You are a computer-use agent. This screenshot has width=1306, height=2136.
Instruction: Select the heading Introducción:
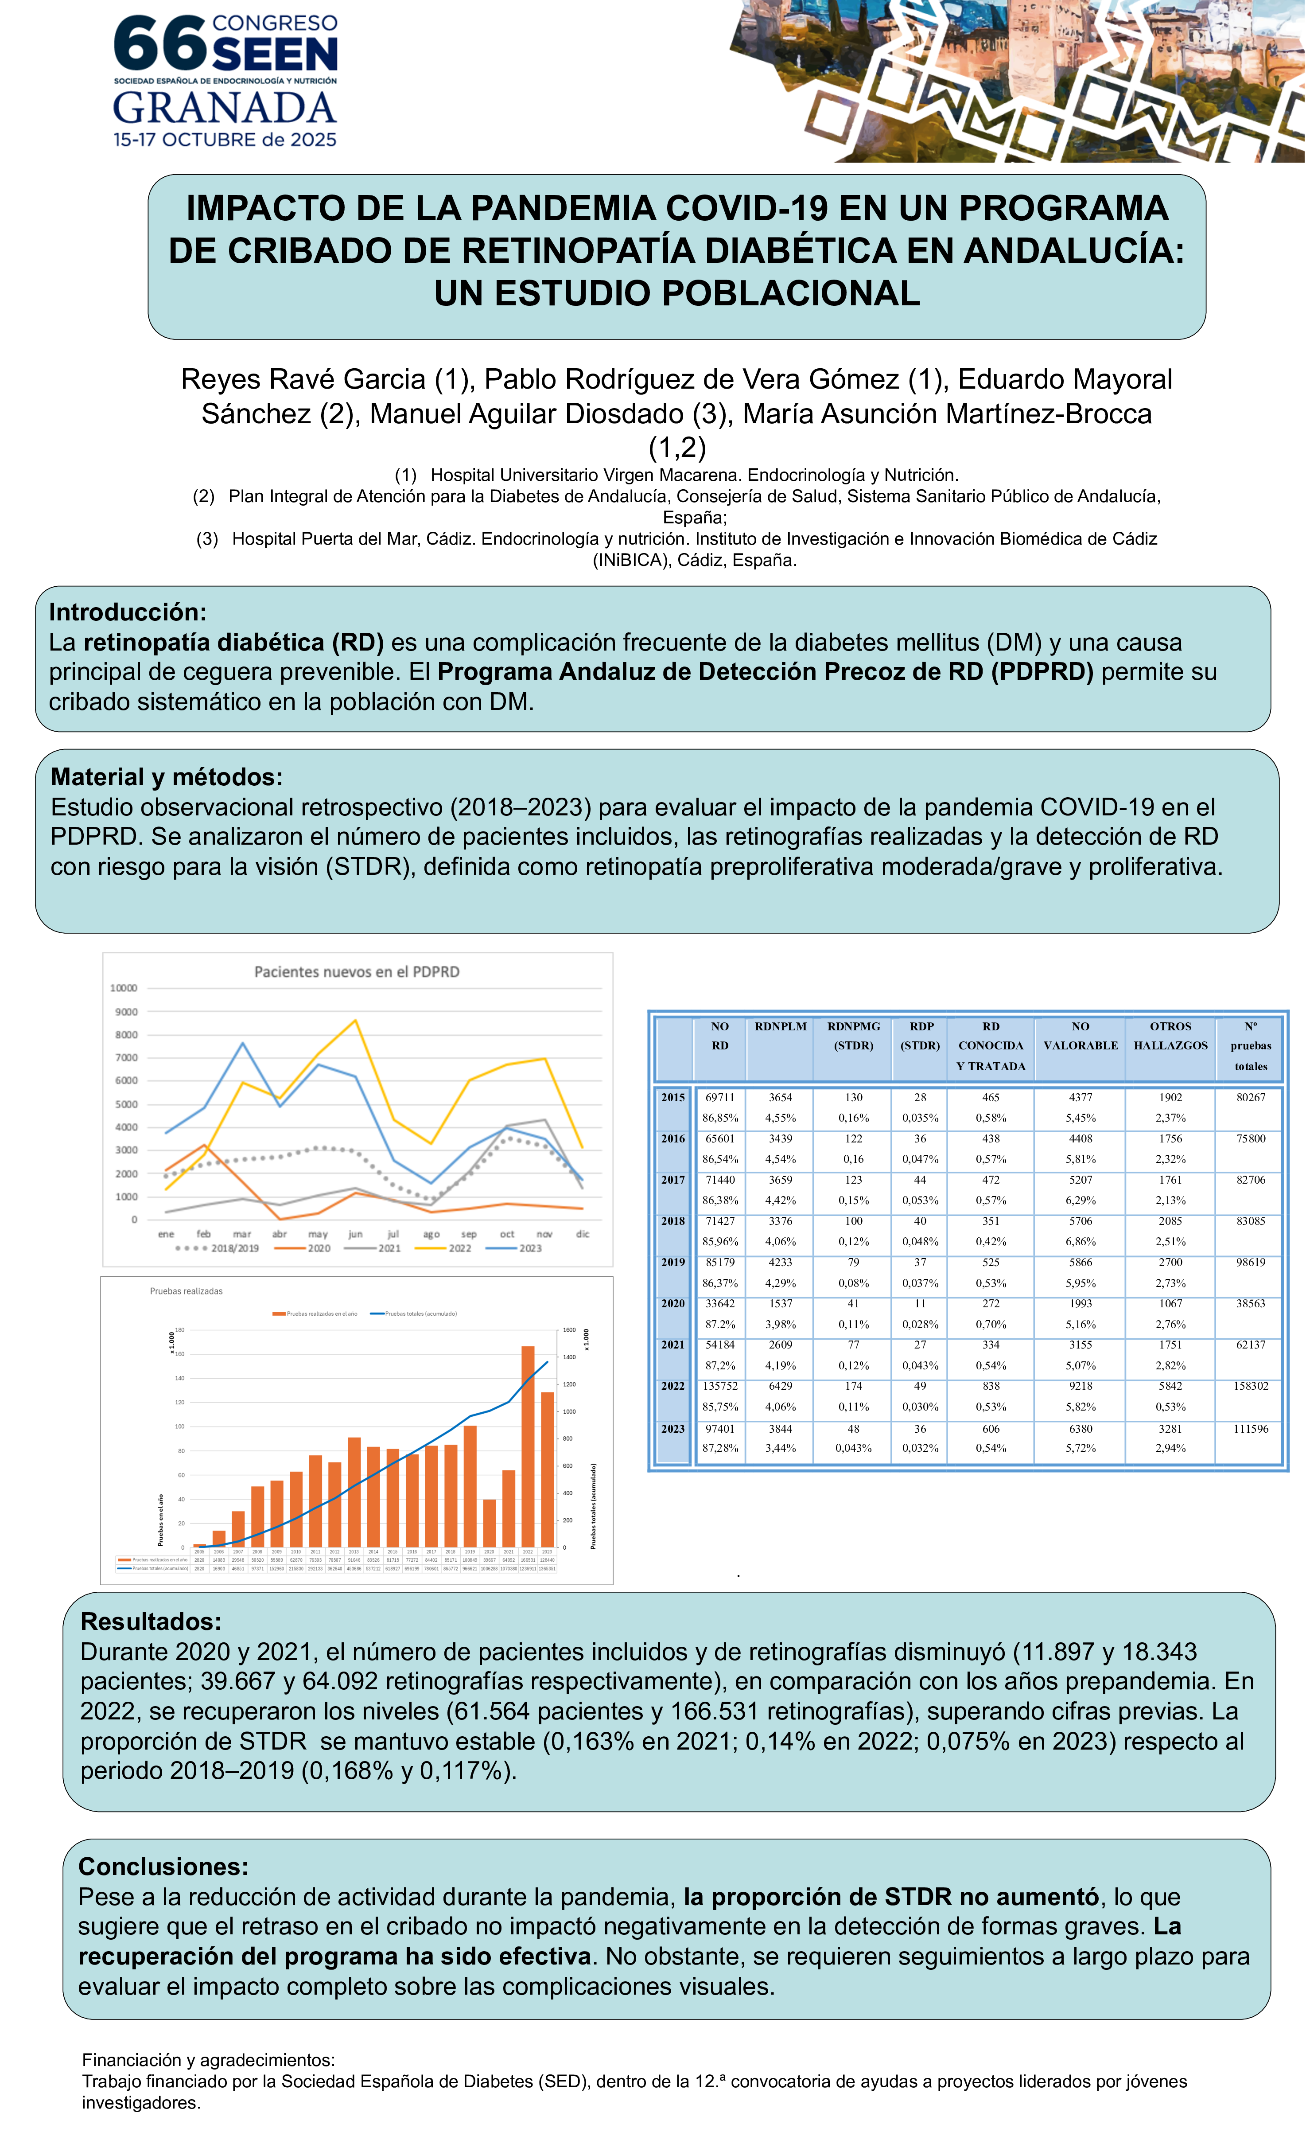coord(128,612)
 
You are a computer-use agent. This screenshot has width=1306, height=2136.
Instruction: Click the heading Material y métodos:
coord(167,777)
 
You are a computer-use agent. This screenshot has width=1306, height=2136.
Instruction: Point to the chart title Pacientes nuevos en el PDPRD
coord(356,972)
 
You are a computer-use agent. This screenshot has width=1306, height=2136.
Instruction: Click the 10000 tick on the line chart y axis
coord(124,988)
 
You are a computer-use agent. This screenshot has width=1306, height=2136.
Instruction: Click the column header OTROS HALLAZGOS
coord(1170,1036)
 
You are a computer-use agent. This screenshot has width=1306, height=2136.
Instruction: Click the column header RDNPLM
coord(780,1026)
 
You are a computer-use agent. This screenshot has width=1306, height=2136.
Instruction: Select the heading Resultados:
coord(151,1622)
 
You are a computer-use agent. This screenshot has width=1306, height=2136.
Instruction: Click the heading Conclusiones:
coord(163,1867)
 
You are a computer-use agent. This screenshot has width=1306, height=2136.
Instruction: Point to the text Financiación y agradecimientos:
coord(208,2060)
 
